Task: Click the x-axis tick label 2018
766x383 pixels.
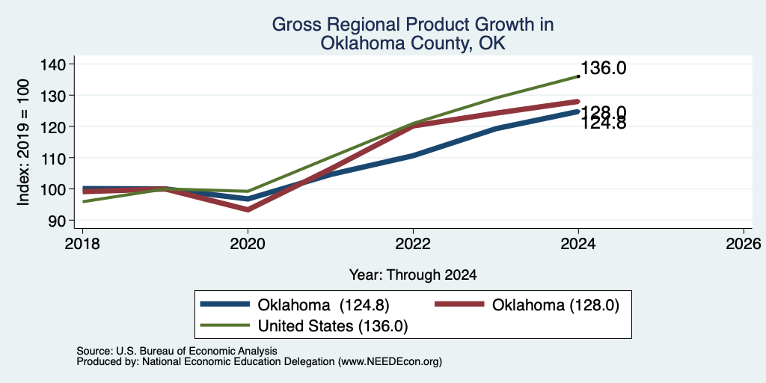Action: coord(82,244)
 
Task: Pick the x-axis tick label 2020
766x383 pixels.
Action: coord(248,244)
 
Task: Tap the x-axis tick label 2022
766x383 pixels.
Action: coord(413,244)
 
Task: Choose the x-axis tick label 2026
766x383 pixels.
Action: coord(744,244)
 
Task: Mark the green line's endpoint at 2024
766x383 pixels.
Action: coord(578,76)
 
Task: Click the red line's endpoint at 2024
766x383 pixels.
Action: coord(578,102)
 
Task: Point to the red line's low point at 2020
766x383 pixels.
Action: coord(248,209)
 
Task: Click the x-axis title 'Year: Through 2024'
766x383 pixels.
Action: coord(413,275)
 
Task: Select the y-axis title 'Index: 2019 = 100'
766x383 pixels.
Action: coord(23,142)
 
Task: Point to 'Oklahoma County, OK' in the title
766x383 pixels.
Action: coord(413,43)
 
